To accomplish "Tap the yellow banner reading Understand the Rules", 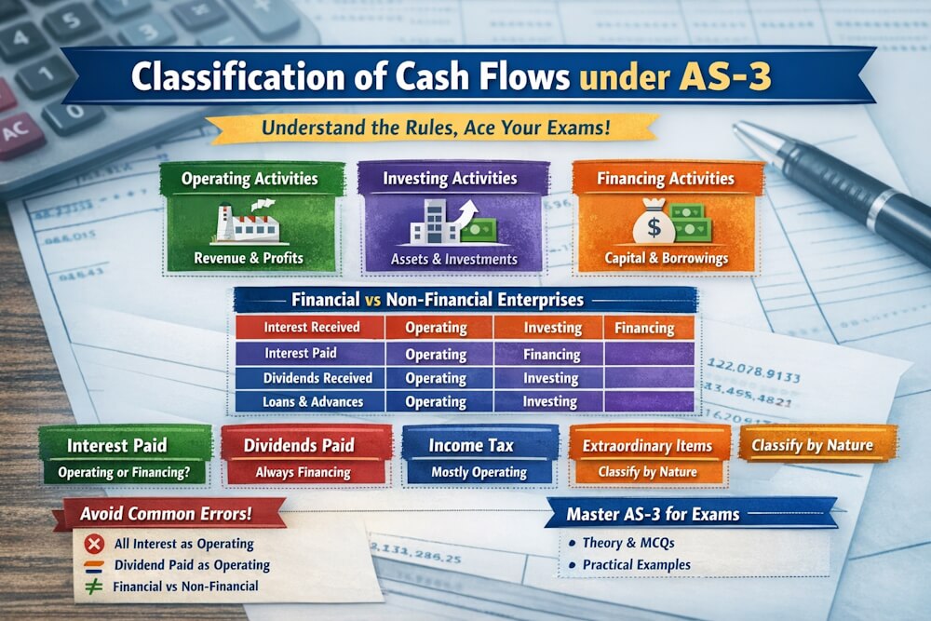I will pos(432,127).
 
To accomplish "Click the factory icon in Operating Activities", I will pos(249,223).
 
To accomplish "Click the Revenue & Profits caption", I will pos(250,259).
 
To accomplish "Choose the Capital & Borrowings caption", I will pos(667,259).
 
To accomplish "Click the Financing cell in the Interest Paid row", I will pos(551,354).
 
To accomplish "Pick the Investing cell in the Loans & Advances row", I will pos(550,401).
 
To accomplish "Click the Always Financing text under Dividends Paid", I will pos(304,472).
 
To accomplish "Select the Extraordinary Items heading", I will pos(647,446).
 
